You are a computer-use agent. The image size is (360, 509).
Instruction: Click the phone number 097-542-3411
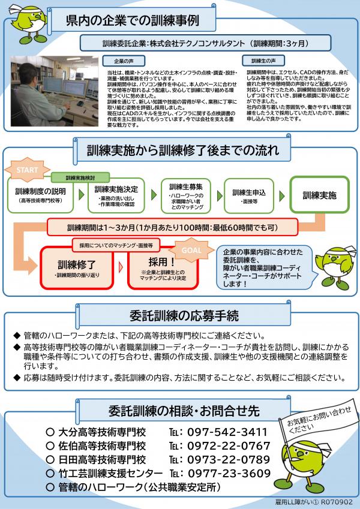(x=227, y=432)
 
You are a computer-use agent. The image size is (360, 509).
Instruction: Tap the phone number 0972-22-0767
(x=227, y=446)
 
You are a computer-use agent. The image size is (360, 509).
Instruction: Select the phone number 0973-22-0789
(x=227, y=460)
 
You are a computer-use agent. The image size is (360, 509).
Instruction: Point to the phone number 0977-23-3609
(x=227, y=474)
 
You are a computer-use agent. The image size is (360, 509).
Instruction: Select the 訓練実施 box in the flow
(x=319, y=195)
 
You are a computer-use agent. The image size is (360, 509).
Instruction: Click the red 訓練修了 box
(x=76, y=266)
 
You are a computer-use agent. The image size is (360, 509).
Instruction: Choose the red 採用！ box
(x=161, y=266)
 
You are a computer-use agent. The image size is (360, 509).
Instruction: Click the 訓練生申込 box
(x=249, y=195)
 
